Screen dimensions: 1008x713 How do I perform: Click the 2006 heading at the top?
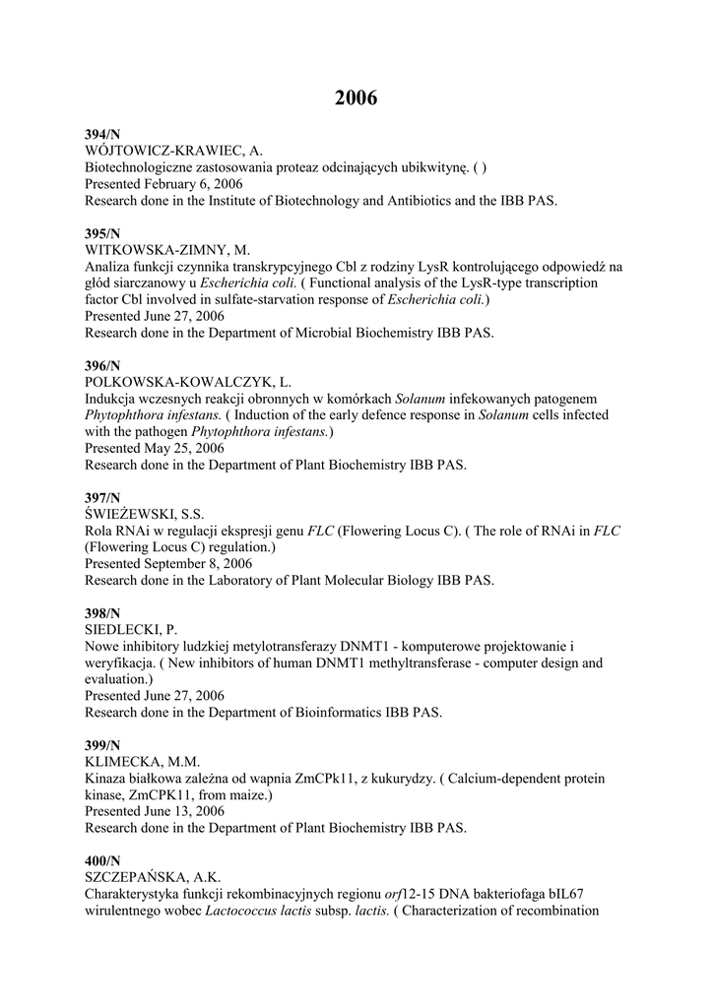[356, 97]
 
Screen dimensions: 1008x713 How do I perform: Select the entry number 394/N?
[102, 134]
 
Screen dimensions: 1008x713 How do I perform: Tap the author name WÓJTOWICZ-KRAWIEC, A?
[172, 151]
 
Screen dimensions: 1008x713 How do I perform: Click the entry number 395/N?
[102, 233]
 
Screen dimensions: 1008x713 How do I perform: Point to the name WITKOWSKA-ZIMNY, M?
[166, 250]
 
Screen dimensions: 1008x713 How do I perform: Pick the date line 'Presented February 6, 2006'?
[163, 184]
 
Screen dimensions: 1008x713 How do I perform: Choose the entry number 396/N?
[102, 365]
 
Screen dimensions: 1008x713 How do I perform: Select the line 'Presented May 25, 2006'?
[154, 448]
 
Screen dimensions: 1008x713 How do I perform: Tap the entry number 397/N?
[102, 498]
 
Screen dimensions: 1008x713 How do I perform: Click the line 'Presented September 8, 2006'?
[167, 564]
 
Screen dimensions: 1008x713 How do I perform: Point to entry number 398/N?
[102, 614]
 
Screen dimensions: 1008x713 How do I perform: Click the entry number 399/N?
[102, 746]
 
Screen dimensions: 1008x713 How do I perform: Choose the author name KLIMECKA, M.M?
[142, 762]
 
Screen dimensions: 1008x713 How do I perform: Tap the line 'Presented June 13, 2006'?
[155, 811]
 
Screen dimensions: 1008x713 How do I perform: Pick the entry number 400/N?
[102, 861]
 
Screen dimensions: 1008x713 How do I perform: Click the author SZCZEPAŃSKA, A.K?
[153, 877]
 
